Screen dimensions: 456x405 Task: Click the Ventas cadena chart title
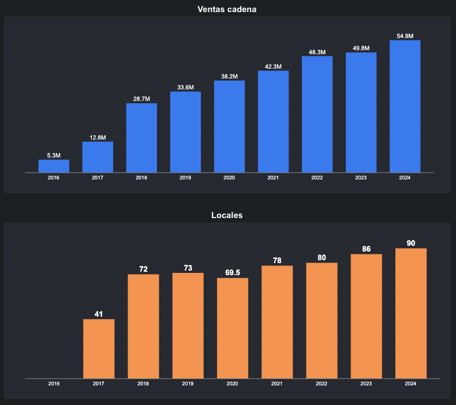(x=227, y=9)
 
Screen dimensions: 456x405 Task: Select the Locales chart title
(x=227, y=215)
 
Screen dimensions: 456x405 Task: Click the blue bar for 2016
(x=54, y=166)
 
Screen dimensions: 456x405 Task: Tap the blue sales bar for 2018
(x=141, y=138)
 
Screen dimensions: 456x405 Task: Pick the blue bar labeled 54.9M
(x=405, y=106)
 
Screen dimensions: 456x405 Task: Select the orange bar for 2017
(x=99, y=349)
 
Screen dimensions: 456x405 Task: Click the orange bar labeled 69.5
(x=233, y=328)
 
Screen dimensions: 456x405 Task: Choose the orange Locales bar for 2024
(x=411, y=313)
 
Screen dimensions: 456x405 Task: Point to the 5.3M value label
(x=54, y=156)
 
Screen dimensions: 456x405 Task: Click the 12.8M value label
(x=98, y=137)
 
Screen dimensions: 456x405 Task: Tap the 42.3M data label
(x=273, y=66)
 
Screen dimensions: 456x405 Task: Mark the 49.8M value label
(x=361, y=48)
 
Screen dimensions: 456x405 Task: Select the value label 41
(x=99, y=314)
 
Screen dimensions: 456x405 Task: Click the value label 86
(x=367, y=249)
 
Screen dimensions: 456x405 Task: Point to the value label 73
(x=188, y=268)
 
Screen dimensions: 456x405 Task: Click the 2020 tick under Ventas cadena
(x=229, y=178)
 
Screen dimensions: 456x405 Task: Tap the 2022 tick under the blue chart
(x=317, y=178)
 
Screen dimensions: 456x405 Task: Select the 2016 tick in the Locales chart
(x=54, y=384)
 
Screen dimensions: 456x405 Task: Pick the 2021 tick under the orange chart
(x=277, y=384)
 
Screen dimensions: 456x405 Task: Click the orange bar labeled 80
(x=322, y=321)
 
